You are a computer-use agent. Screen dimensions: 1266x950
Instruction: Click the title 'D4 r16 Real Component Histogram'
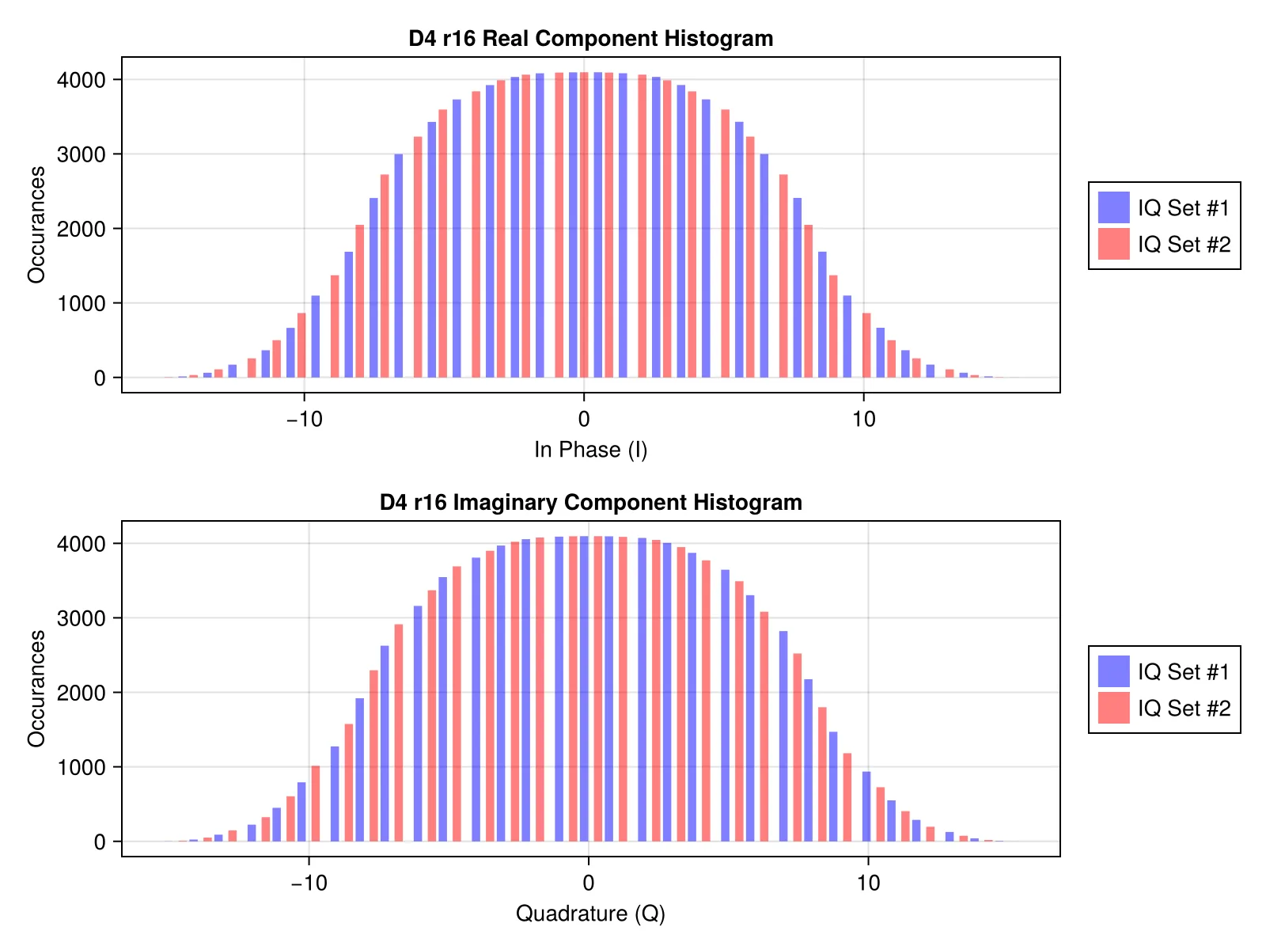[590, 39]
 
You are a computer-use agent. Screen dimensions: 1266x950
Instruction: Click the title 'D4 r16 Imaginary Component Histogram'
[590, 503]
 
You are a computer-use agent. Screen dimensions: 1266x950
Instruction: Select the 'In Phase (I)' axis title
[590, 450]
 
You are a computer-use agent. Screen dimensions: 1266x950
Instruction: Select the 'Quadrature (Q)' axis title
[590, 913]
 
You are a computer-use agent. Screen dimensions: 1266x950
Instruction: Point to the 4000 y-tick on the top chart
[81, 80]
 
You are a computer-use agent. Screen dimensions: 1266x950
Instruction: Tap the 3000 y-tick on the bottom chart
[81, 618]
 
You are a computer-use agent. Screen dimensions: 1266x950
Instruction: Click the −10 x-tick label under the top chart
[305, 420]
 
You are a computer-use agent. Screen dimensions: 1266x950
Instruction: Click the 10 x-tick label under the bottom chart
[868, 883]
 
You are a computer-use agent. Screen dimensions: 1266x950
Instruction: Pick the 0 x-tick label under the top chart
[584, 420]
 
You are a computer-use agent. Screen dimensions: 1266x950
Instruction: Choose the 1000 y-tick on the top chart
[81, 303]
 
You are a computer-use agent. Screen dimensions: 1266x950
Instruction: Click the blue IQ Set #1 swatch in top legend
[1113, 207]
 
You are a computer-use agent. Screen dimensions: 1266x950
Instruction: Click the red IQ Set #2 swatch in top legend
[1113, 244]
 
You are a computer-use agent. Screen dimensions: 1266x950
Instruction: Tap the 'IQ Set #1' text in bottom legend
[1184, 672]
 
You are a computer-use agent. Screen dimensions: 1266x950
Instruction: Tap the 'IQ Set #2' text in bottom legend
[1184, 709]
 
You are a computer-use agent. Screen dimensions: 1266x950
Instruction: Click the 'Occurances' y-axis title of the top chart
[36, 225]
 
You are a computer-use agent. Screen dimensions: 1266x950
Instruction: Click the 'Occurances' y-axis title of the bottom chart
[36, 689]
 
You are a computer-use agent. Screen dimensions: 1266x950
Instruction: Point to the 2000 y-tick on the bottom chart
[81, 693]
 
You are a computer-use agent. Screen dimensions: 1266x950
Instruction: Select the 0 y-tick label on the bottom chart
[100, 842]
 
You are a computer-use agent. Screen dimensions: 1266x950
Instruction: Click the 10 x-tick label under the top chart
[863, 420]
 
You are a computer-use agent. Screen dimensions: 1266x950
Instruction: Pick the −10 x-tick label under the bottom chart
[309, 883]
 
